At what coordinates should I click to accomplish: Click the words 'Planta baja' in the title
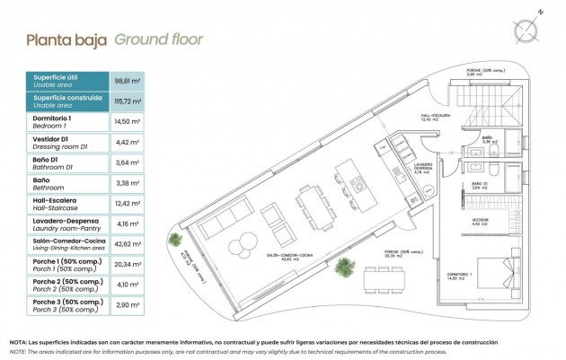(x=66, y=40)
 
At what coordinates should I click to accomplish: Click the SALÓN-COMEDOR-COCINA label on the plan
(x=290, y=256)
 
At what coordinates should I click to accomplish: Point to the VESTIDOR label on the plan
(x=477, y=218)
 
